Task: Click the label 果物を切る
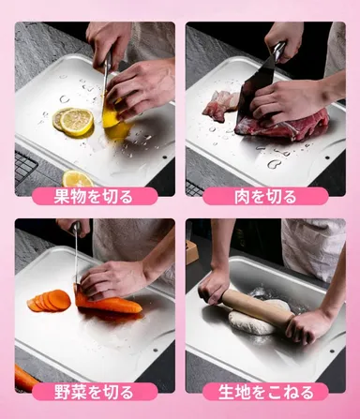(94, 196)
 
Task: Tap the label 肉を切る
(266, 196)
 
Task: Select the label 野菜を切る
(94, 391)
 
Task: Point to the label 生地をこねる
(266, 391)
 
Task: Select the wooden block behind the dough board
(191, 250)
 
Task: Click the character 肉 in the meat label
(242, 196)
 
